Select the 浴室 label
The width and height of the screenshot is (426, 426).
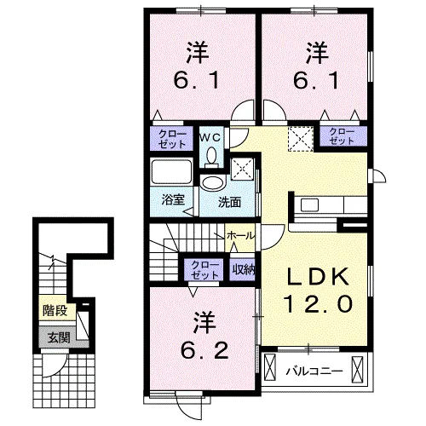point(174,201)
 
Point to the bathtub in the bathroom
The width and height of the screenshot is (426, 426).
point(173,175)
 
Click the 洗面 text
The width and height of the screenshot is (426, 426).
point(227,202)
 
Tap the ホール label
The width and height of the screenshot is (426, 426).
point(239,233)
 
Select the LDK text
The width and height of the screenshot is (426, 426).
point(316,277)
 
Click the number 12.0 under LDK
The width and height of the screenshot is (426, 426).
point(316,302)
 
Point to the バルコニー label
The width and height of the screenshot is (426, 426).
point(314,371)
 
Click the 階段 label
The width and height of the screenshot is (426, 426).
point(55,312)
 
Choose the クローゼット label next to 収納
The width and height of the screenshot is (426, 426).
point(203,269)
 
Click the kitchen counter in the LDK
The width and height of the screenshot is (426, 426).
point(328,206)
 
